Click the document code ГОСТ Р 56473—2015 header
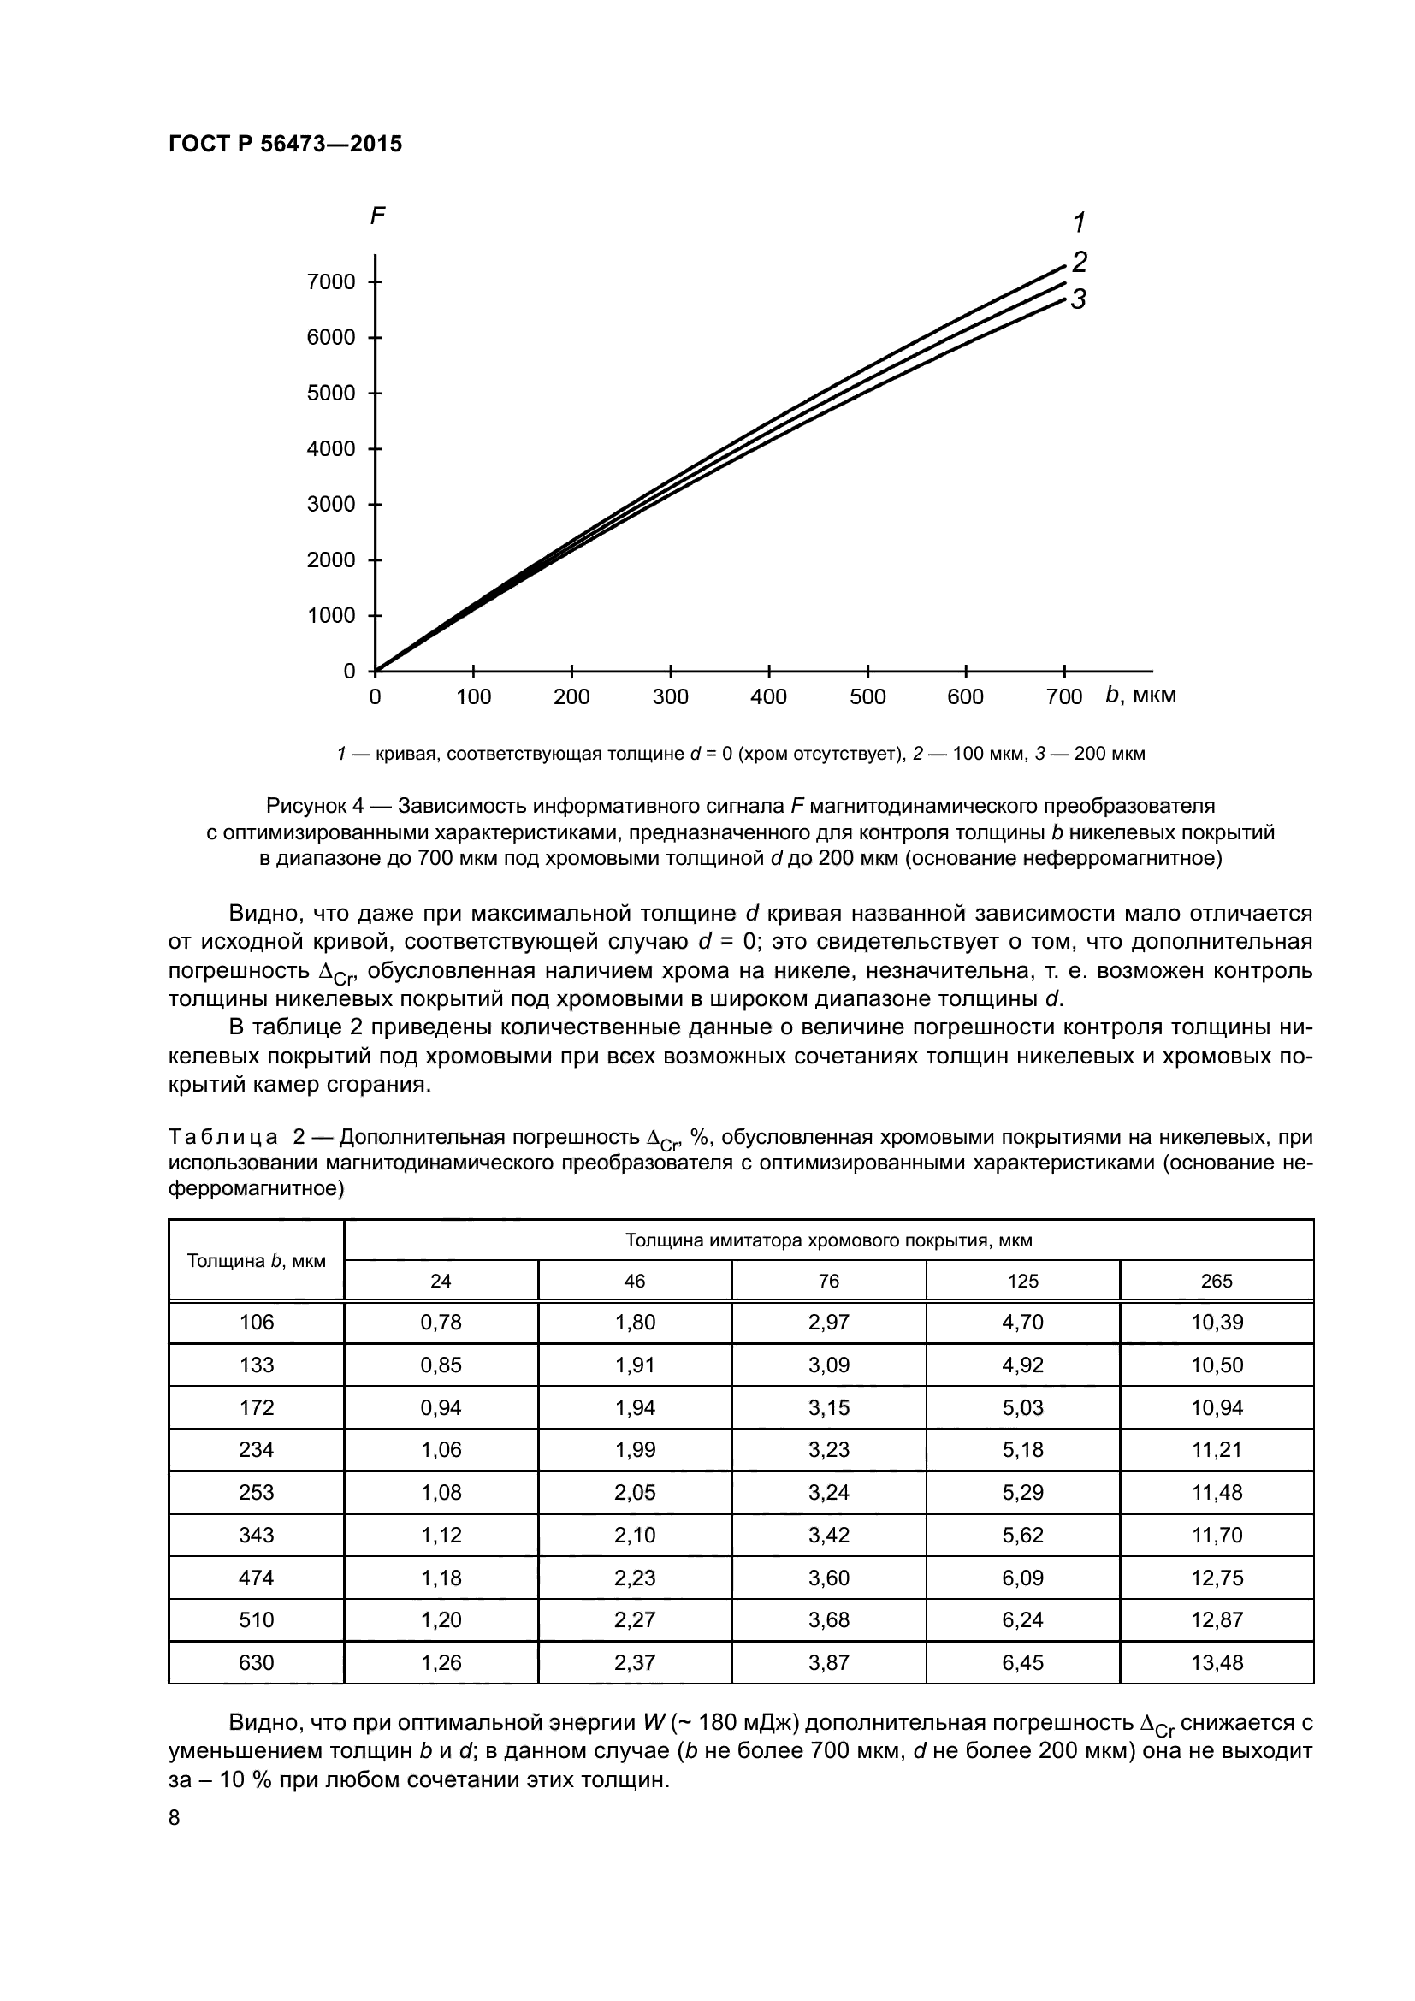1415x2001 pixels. coord(285,144)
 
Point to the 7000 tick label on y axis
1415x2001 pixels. coord(331,281)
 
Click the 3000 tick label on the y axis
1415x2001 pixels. coord(331,505)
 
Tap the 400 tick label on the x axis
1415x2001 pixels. coord(768,696)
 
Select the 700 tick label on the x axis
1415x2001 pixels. coord(1064,696)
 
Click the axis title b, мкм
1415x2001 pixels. coord(1140,695)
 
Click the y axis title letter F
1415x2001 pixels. coord(377,216)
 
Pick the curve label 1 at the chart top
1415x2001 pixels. coord(1080,223)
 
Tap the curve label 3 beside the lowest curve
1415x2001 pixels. coord(1079,299)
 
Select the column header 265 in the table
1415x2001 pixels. coord(1217,1281)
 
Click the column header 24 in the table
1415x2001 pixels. coord(441,1281)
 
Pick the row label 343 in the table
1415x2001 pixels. coord(256,1535)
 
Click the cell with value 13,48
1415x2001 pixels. coord(1217,1662)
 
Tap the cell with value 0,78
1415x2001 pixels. coord(441,1322)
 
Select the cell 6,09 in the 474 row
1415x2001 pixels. coord(1023,1578)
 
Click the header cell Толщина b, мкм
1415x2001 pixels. coord(256,1260)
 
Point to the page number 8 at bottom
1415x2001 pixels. coord(175,1818)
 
